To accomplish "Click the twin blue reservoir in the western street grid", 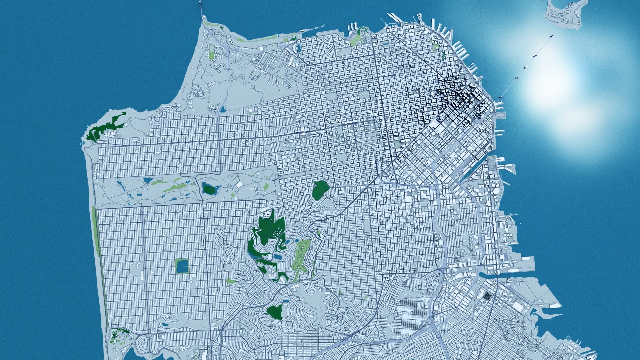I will click(182, 266).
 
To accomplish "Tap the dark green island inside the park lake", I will click(210, 189).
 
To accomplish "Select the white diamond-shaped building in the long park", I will click(239, 184).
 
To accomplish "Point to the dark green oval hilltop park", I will click(320, 190).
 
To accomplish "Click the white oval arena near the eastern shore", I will click(497, 191).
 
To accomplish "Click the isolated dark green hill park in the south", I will click(275, 312).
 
